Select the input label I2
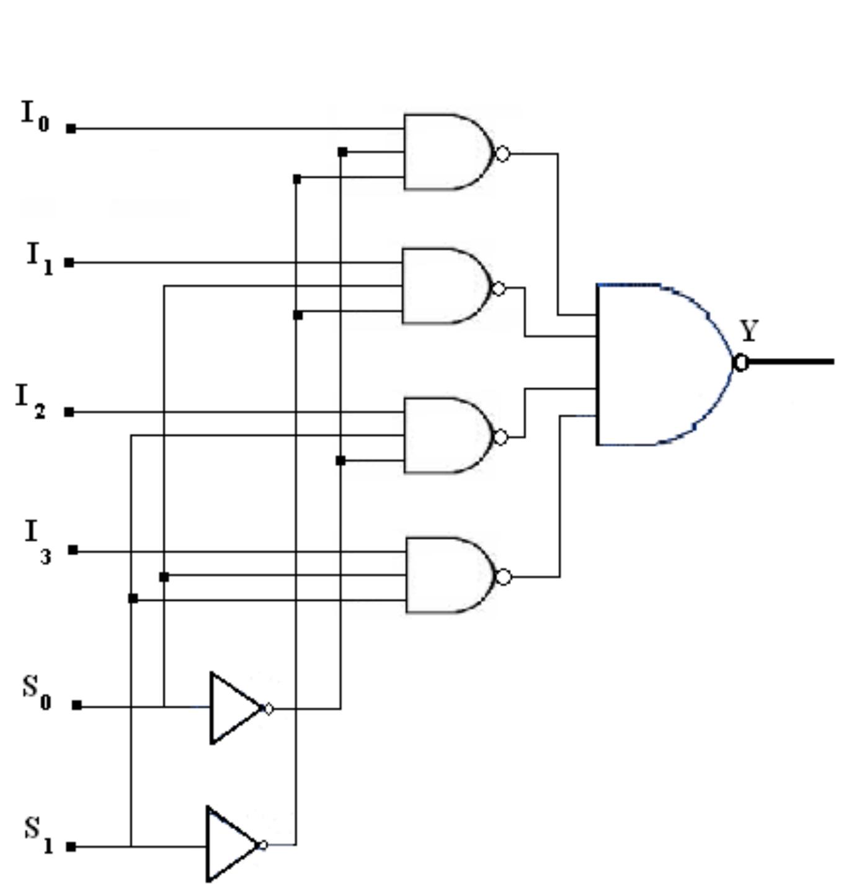coord(30,400)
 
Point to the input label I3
coord(38,540)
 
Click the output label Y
coord(749,331)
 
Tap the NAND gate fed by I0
coord(447,152)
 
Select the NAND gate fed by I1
coord(445,286)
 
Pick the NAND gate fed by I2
coord(447,436)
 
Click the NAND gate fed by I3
coord(448,575)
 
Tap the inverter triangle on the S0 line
coord(234,708)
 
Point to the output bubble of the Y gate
coord(740,363)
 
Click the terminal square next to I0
coord(71,129)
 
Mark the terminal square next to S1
coord(71,846)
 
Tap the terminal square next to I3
coord(73,550)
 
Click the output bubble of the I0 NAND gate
coord(503,153)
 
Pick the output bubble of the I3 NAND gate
coord(504,577)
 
